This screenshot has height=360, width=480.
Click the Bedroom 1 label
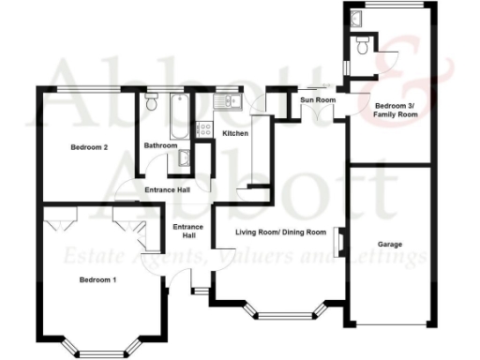(x=97, y=280)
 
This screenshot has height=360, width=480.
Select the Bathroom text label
(x=160, y=146)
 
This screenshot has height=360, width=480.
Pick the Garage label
(x=390, y=245)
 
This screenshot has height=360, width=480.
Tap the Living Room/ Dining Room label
(x=279, y=232)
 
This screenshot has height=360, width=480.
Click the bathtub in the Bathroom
(x=178, y=112)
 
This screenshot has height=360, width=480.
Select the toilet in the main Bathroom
(x=151, y=104)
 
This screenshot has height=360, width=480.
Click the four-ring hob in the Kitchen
(x=202, y=131)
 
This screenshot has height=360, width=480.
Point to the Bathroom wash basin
(x=185, y=158)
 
